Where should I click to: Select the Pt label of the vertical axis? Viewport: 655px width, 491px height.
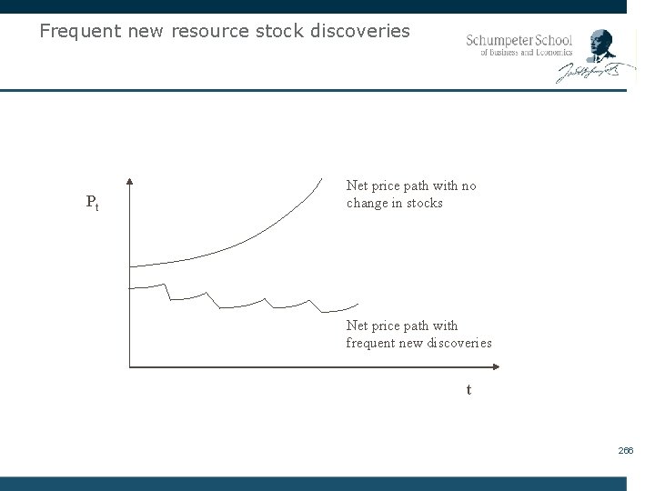(x=92, y=203)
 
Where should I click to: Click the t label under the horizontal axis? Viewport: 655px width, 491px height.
(x=469, y=389)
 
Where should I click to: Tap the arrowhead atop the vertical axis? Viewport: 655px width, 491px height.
(x=130, y=179)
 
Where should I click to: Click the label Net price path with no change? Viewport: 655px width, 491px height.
(x=410, y=195)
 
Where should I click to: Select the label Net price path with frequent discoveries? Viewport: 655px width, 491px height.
(x=418, y=334)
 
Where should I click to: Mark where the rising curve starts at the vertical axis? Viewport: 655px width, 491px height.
(x=132, y=266)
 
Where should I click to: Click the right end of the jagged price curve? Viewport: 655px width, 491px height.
(x=357, y=304)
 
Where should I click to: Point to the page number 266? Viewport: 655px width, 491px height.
(x=626, y=450)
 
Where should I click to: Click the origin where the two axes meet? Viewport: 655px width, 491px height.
(x=130, y=367)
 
